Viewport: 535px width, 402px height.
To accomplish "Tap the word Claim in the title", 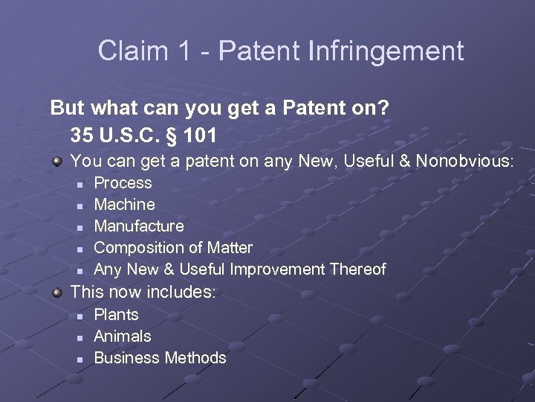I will [x=130, y=51].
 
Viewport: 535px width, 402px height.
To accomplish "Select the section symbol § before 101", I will [x=178, y=135].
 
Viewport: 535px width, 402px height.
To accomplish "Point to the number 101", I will [x=204, y=135].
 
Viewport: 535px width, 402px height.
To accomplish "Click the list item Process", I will [x=123, y=183].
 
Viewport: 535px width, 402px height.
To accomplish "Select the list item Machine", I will [x=124, y=204].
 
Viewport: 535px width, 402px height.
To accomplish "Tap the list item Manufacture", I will [x=139, y=226].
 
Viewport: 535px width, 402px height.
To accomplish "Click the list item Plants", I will [x=116, y=315].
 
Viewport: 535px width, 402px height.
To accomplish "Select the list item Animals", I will [x=122, y=336].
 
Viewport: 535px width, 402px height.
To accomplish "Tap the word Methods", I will [x=195, y=358].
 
